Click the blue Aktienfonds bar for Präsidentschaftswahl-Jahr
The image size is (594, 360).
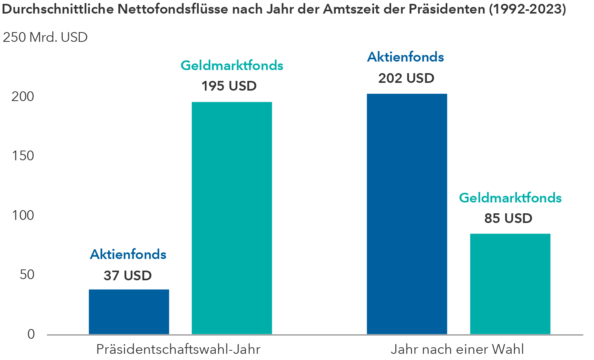(129, 312)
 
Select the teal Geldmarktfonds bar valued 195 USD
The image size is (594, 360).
(232, 218)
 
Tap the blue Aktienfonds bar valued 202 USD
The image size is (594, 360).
(407, 214)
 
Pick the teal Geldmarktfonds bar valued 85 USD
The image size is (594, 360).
(510, 284)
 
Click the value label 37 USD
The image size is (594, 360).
(127, 276)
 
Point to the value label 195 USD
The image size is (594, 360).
(229, 86)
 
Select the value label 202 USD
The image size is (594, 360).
(406, 78)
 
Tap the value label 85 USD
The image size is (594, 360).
(508, 218)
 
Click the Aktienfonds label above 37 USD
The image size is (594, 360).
(128, 254)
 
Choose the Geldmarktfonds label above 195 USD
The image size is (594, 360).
(232, 65)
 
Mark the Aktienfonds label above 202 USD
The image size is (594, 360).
(405, 57)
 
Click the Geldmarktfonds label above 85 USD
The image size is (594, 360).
(510, 198)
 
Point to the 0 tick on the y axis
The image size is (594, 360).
(31, 334)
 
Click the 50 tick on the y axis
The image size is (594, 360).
(27, 275)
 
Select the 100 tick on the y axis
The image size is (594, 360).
(23, 215)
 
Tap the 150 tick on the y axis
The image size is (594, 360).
(23, 156)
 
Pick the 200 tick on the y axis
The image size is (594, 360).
(23, 96)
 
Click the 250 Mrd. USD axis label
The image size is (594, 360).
(45, 37)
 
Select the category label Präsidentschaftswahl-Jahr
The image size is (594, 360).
(178, 349)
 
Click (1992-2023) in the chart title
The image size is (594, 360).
(527, 9)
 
